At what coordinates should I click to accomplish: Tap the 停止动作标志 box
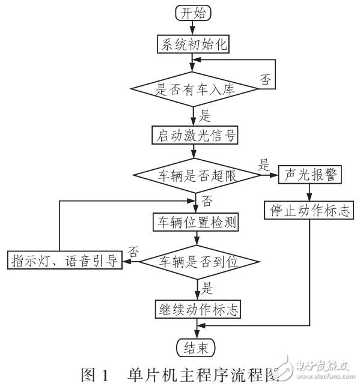click(x=310, y=211)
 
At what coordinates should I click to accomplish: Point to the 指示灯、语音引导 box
click(x=64, y=261)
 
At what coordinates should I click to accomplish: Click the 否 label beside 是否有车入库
click(x=264, y=79)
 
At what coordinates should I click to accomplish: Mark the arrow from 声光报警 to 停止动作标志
click(x=310, y=193)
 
